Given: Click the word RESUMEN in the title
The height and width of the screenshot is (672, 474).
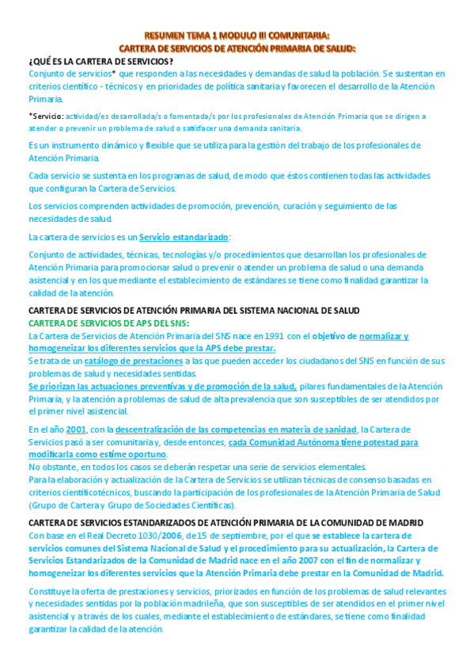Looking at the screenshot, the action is [x=163, y=36].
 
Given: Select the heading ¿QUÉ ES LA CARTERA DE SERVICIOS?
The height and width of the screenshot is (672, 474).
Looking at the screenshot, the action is [x=100, y=62].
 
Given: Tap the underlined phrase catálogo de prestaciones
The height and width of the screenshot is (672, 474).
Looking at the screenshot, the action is [x=135, y=361].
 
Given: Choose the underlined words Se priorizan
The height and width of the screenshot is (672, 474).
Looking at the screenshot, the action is [x=57, y=387].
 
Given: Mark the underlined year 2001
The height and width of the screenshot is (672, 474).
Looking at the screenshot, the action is [x=76, y=430].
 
